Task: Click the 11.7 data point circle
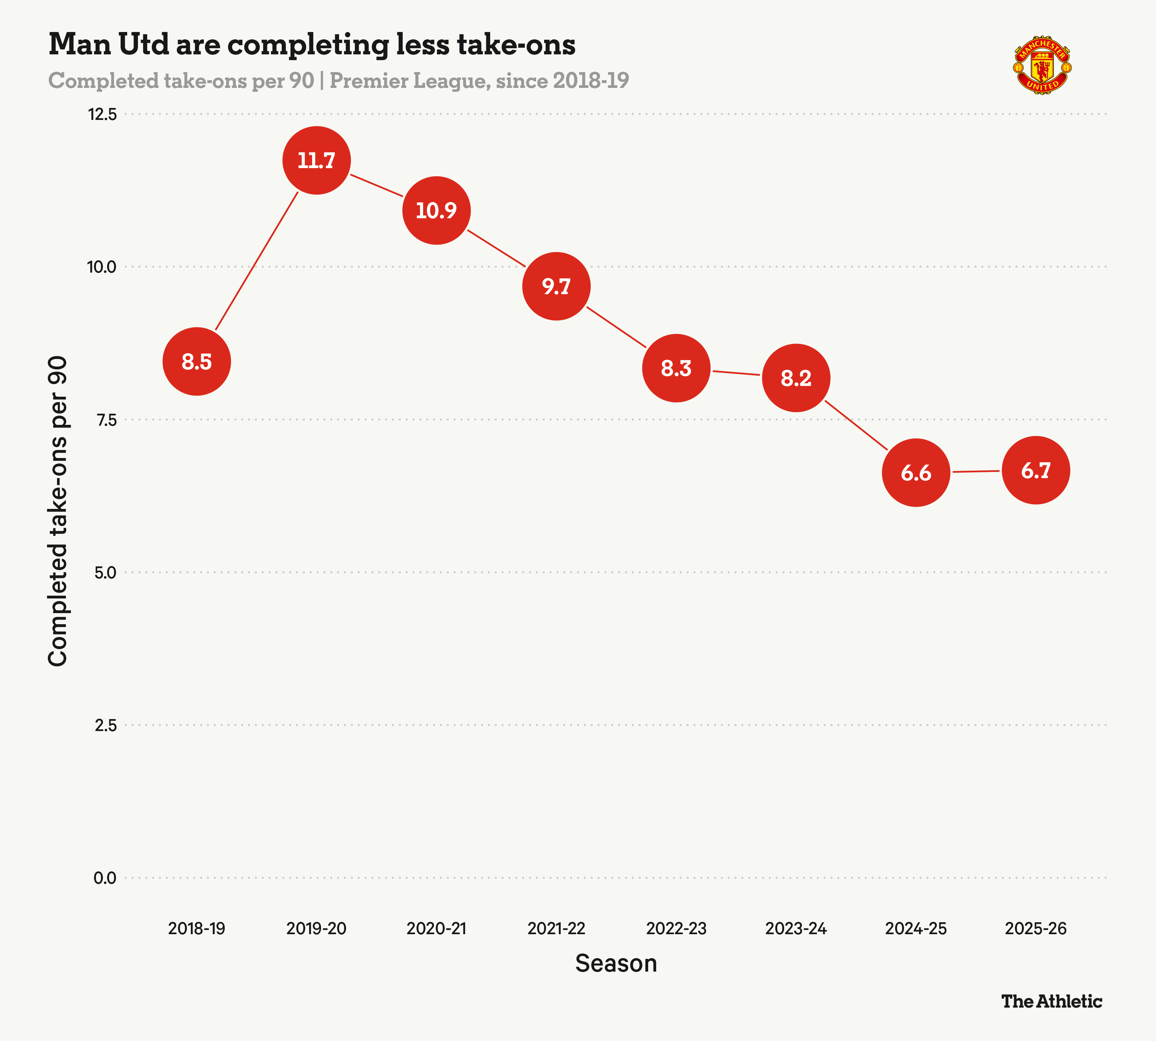[316, 160]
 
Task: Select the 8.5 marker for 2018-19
[197, 362]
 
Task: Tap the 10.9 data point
[436, 211]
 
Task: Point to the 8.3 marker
[676, 368]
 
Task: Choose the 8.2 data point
[796, 378]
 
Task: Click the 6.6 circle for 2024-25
[916, 472]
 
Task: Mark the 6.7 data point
[1036, 470]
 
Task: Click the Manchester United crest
[1042, 66]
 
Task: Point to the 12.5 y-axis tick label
[102, 115]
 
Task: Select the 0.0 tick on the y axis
[105, 878]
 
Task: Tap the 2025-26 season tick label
[1036, 928]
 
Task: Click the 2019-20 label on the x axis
[316, 928]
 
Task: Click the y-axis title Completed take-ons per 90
[58, 511]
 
